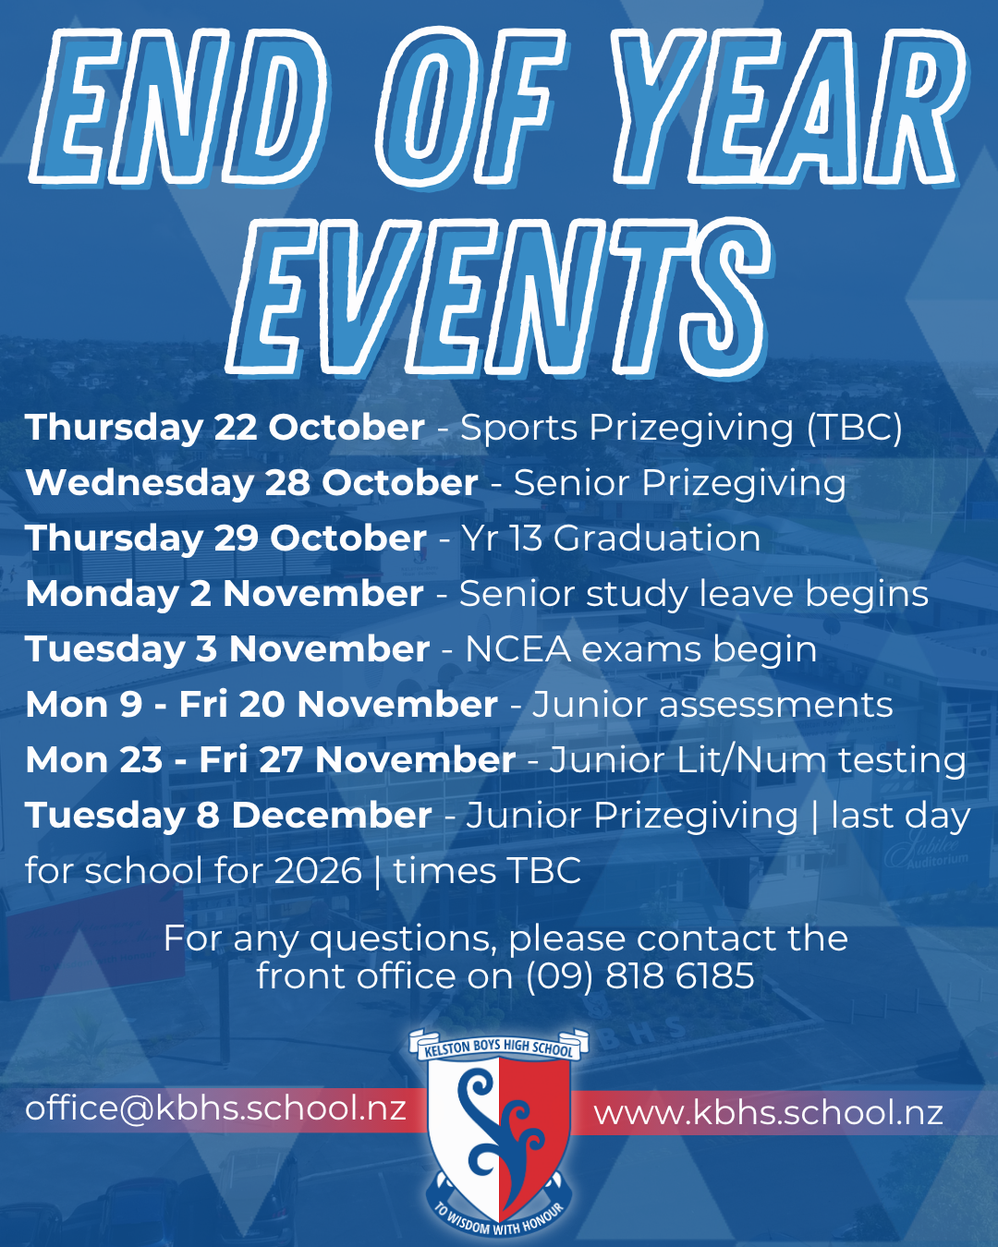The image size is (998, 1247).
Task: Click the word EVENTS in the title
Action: [499, 297]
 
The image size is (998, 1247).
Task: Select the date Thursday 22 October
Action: [225, 429]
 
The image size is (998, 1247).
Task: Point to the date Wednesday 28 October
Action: [251, 483]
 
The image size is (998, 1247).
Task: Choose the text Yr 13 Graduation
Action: [611, 539]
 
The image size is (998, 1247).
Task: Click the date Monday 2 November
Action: [225, 594]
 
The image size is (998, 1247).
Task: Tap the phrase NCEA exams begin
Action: [640, 649]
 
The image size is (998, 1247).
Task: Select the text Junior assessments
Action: [712, 705]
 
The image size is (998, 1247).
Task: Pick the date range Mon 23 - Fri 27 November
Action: [270, 759]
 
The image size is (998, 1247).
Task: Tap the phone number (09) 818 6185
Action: [639, 975]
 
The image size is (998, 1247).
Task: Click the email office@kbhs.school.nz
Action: [215, 1108]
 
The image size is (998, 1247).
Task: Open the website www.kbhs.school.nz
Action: [768, 1112]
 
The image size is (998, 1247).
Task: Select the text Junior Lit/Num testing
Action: [758, 759]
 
